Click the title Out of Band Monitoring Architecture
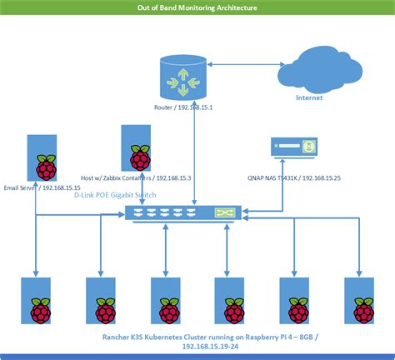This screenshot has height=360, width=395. [x=197, y=7]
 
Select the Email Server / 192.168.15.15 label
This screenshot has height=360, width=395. [x=39, y=187]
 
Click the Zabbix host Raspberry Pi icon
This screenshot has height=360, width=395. [x=136, y=150]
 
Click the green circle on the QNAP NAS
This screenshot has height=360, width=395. [x=307, y=147]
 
